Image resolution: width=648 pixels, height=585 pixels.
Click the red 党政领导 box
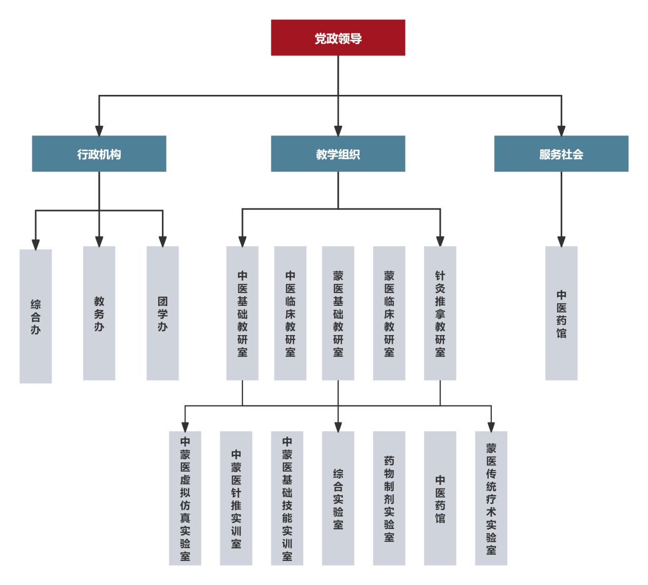pyautogui.click(x=338, y=37)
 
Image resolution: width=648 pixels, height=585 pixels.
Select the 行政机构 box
pyautogui.click(x=99, y=153)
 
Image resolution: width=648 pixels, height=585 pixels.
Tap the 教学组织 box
pyautogui.click(x=338, y=153)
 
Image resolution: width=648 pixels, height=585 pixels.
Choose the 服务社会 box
pyautogui.click(x=561, y=153)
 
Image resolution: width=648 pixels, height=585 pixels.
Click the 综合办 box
pyautogui.click(x=35, y=316)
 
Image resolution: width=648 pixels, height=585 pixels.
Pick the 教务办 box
pyautogui.click(x=99, y=313)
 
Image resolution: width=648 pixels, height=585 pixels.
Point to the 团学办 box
pyautogui.click(x=162, y=313)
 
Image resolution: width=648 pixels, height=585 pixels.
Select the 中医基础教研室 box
pyautogui.click(x=242, y=313)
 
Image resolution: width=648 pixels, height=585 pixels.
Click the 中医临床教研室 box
pyautogui.click(x=290, y=313)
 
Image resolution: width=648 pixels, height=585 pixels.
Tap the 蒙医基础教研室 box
pyautogui.click(x=338, y=313)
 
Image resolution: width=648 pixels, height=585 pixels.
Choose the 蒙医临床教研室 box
pyautogui.click(x=389, y=313)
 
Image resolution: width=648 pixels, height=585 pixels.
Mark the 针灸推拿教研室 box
pyautogui.click(x=440, y=313)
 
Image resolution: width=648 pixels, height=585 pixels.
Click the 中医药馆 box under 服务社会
pyautogui.click(x=561, y=313)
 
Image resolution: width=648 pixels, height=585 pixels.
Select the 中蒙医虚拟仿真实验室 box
pyautogui.click(x=185, y=498)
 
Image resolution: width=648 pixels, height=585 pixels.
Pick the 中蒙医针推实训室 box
pyautogui.click(x=236, y=498)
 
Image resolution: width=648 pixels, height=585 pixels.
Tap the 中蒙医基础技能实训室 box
pyautogui.click(x=287, y=498)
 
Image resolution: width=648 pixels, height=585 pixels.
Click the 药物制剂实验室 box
pyautogui.click(x=389, y=498)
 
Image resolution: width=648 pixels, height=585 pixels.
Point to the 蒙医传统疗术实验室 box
pyautogui.click(x=491, y=498)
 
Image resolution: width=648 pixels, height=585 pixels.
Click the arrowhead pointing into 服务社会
pyautogui.click(x=561, y=130)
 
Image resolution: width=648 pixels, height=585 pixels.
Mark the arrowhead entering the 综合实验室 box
pyautogui.click(x=338, y=426)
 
